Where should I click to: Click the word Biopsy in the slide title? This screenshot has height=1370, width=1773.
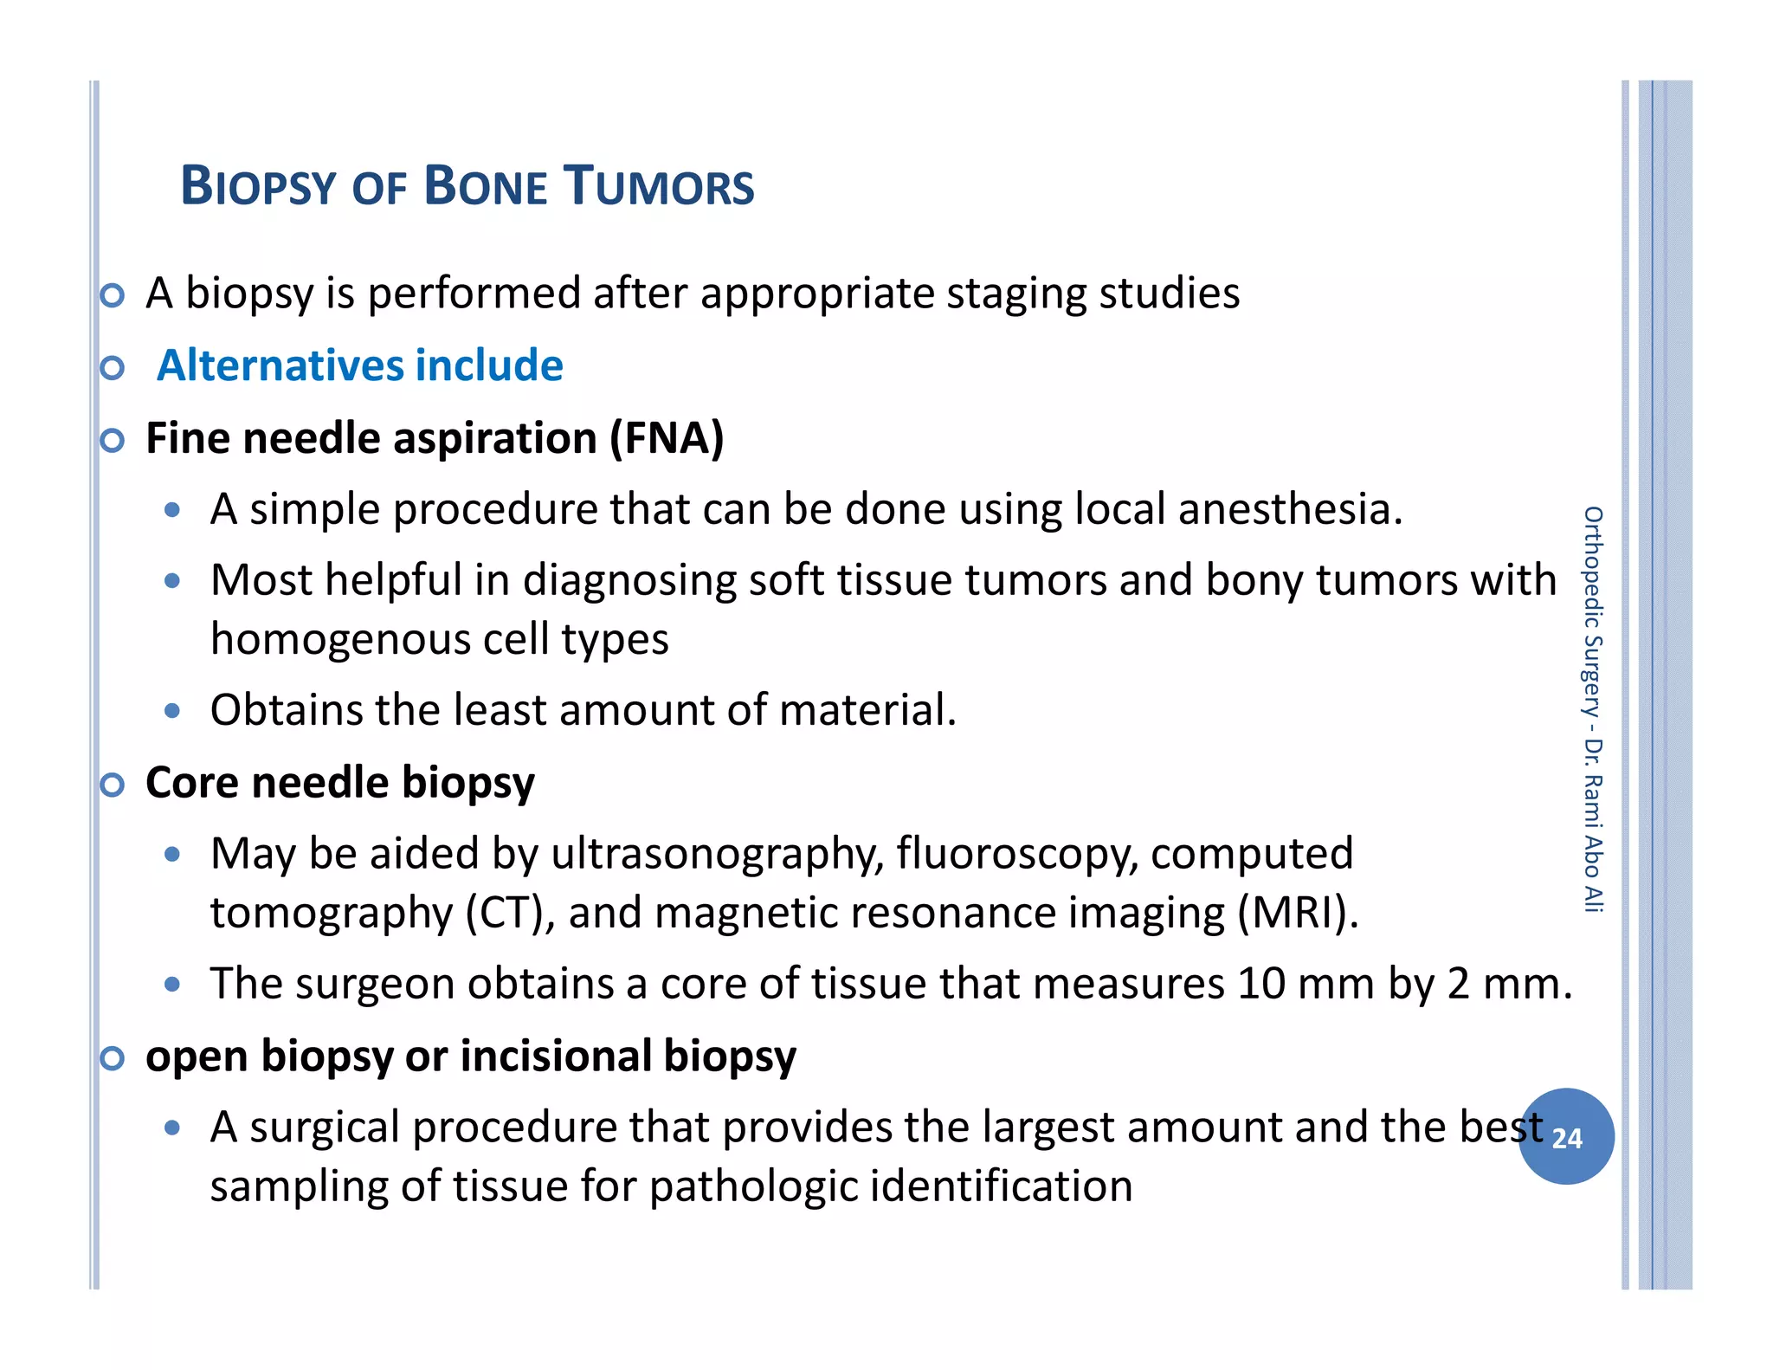(257, 186)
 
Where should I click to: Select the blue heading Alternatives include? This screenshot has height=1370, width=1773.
(359, 365)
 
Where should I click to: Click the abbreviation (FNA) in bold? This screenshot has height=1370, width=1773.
(667, 438)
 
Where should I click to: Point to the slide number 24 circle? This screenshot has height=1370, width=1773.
(1566, 1137)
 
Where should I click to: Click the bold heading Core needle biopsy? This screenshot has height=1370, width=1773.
(339, 783)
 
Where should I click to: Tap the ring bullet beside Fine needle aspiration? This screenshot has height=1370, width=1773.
(112, 441)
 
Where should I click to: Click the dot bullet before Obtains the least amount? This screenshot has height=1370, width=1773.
(172, 712)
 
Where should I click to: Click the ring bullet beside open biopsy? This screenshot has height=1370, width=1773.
(112, 1058)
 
